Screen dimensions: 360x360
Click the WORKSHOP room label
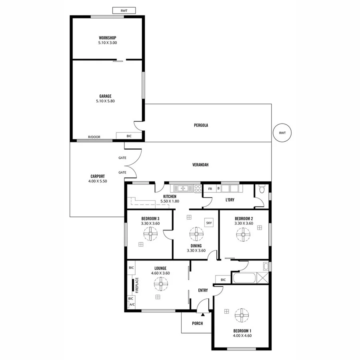107,38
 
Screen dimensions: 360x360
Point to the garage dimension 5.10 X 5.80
107,101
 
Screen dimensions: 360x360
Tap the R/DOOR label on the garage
94,137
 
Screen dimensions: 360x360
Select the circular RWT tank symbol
282,132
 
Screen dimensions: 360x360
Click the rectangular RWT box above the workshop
124,11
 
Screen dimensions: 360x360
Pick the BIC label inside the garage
129,136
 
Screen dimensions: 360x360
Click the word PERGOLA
201,125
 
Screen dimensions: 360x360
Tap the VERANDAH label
201,164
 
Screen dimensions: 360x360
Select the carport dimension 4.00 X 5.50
97,181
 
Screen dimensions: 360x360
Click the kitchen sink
182,188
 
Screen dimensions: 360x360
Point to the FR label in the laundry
210,188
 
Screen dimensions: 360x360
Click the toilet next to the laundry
262,189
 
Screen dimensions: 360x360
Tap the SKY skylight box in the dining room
209,223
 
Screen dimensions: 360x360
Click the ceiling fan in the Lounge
160,284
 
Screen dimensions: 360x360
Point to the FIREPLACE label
137,285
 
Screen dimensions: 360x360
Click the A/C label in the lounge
132,305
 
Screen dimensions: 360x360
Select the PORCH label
197,323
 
